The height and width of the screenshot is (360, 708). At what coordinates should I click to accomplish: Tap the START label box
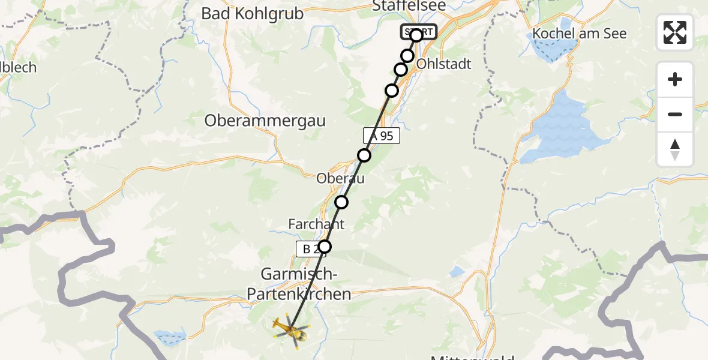pos(419,32)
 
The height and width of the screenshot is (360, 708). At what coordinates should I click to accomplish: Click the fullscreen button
pos(675,32)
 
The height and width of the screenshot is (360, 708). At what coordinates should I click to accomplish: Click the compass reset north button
pos(675,149)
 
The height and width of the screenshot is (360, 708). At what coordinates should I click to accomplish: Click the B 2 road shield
pos(310,248)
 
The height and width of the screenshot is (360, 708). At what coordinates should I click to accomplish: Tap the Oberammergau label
pos(265,121)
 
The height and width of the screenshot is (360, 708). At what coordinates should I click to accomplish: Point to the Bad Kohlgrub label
pos(253,14)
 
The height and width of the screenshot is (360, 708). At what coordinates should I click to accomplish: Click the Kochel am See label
pos(580,34)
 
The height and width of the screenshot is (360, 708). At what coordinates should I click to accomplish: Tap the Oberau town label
pos(340,178)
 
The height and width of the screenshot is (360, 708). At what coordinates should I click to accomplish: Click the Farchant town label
pos(316,224)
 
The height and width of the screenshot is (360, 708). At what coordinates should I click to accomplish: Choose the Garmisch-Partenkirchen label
pos(298,284)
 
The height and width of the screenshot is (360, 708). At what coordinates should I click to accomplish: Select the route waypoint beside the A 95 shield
pos(364,155)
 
